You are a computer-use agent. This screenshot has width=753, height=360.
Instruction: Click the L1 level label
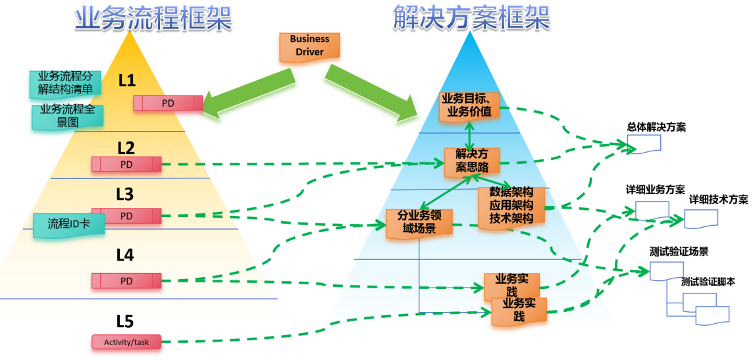click(x=126, y=80)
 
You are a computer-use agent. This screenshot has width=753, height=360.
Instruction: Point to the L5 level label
click(x=124, y=321)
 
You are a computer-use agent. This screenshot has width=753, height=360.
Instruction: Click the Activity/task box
click(x=126, y=342)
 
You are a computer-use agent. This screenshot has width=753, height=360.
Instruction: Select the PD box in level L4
click(x=126, y=281)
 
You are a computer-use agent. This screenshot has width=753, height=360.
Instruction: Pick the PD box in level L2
click(x=126, y=164)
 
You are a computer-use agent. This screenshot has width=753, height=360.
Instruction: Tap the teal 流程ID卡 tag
click(x=68, y=224)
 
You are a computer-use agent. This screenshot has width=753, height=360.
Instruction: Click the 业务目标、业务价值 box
click(x=469, y=105)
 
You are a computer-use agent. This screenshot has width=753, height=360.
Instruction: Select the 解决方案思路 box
click(x=471, y=161)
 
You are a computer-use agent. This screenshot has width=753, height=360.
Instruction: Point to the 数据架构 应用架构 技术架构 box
click(x=511, y=205)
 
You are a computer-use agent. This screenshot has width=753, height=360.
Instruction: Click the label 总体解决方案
click(x=656, y=127)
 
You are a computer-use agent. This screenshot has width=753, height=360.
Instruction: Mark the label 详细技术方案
click(x=718, y=199)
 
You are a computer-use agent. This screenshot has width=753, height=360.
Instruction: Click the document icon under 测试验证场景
click(x=666, y=270)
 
